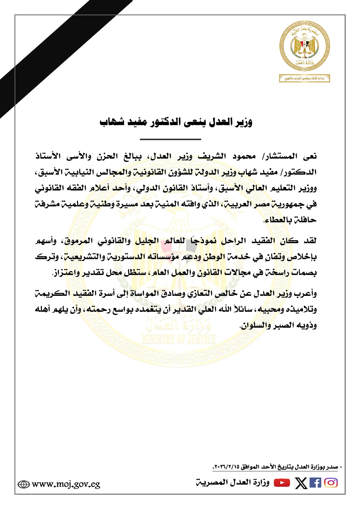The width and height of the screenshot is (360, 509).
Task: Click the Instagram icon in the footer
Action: click(331, 483)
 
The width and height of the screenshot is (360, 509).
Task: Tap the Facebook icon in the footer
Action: click(315, 483)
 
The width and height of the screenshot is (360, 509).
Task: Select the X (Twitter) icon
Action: click(301, 483)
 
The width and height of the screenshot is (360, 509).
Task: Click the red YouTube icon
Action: click(282, 483)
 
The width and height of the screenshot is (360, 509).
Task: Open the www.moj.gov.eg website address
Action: click(66, 484)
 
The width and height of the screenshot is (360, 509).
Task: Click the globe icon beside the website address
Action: click(24, 484)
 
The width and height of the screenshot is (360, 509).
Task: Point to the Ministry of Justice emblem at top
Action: click(305, 45)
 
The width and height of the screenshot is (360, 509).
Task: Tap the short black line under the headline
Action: click(170, 139)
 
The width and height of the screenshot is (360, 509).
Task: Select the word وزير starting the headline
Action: click(243, 122)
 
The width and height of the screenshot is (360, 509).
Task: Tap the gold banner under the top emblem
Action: click(304, 78)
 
